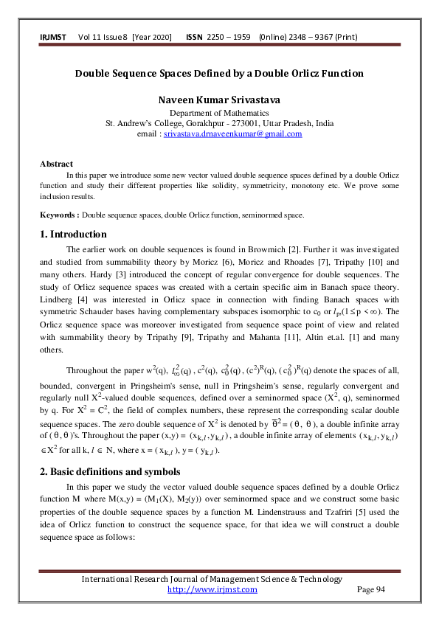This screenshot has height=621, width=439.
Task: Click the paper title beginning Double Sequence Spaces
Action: pyautogui.click(x=219, y=74)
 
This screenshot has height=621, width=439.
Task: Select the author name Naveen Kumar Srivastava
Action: pyautogui.click(x=219, y=100)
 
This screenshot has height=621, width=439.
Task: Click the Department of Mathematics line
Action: pyautogui.click(x=219, y=113)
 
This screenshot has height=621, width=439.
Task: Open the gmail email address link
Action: pyautogui.click(x=232, y=134)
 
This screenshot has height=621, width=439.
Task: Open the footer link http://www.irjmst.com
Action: pyautogui.click(x=212, y=589)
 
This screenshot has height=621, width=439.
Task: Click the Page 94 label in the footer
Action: pyautogui.click(x=371, y=589)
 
